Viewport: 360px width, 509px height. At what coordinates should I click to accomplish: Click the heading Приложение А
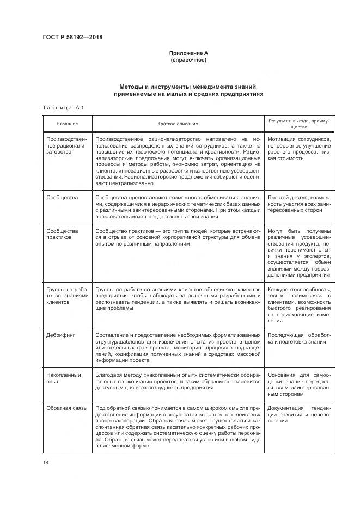coord(188,53)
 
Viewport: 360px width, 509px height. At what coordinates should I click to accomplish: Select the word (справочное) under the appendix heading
coord(188,59)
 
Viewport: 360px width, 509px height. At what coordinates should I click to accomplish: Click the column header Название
coord(66,124)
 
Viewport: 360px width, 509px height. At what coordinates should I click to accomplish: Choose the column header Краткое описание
coord(178,124)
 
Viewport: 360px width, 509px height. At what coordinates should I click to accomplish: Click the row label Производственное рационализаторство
coord(66,146)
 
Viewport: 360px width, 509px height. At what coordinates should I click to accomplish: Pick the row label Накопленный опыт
coord(64,378)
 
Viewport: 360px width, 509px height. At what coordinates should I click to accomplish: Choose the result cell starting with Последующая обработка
coord(299,338)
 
